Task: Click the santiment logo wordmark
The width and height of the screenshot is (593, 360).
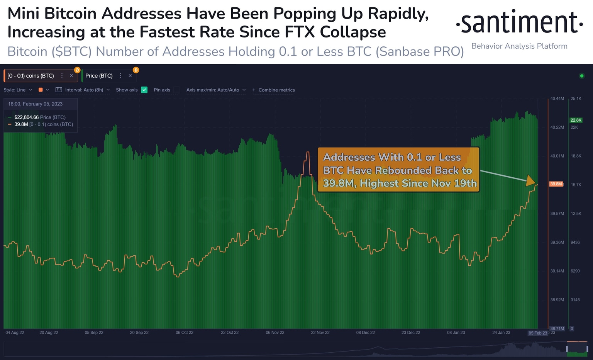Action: pyautogui.click(x=519, y=22)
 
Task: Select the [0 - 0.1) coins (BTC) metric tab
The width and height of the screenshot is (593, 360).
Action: pyautogui.click(x=31, y=76)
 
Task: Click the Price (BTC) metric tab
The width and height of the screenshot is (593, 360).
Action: pyautogui.click(x=99, y=76)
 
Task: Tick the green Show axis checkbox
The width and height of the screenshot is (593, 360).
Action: pyautogui.click(x=144, y=90)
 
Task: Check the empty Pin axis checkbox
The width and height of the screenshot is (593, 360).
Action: pyautogui.click(x=176, y=90)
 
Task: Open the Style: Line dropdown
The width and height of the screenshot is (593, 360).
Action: pyautogui.click(x=18, y=90)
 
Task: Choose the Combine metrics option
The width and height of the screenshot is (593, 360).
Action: pyautogui.click(x=273, y=90)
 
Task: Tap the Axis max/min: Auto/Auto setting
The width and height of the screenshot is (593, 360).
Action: pyautogui.click(x=216, y=90)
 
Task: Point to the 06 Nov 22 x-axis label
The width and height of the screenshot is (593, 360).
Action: pyautogui.click(x=275, y=333)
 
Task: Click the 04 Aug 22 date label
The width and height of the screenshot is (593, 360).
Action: pyautogui.click(x=15, y=333)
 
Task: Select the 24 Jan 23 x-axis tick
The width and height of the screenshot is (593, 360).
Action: pyautogui.click(x=501, y=333)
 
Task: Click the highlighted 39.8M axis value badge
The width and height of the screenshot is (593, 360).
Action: pyautogui.click(x=556, y=184)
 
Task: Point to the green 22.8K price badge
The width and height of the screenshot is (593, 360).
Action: pyautogui.click(x=576, y=120)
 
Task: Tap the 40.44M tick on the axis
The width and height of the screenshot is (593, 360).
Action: pyautogui.click(x=557, y=98)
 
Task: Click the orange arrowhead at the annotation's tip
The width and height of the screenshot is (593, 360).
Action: pyautogui.click(x=531, y=181)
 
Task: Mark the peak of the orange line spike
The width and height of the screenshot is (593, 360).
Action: pyautogui.click(x=308, y=153)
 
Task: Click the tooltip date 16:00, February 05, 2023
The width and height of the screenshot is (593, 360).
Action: pyautogui.click(x=35, y=104)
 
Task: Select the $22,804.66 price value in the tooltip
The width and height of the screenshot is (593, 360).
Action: pyautogui.click(x=26, y=117)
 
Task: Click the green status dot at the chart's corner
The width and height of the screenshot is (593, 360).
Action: pyautogui.click(x=582, y=76)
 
